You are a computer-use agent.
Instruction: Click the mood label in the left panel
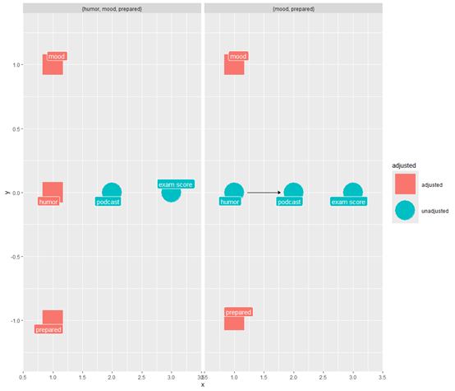pyautogui.click(x=57, y=56)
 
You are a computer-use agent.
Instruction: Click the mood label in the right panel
pyautogui.click(x=238, y=56)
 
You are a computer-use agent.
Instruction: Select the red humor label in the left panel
pyautogui.click(x=48, y=202)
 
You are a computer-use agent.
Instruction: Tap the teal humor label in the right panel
pyautogui.click(x=230, y=202)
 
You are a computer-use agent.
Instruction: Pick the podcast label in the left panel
pyautogui.click(x=108, y=202)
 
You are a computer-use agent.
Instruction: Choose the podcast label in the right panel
pyautogui.click(x=289, y=202)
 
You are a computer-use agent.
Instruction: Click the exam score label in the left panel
pyautogui.click(x=176, y=184)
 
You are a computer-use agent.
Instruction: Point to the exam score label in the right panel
pyautogui.click(x=348, y=202)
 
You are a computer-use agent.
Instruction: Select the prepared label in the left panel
pyautogui.click(x=48, y=329)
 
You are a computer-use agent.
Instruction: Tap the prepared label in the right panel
pyautogui.click(x=238, y=312)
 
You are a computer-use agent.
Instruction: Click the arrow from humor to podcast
pyautogui.click(x=264, y=193)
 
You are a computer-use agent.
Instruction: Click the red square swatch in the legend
pyautogui.click(x=405, y=184)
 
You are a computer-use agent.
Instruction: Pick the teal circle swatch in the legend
pyautogui.click(x=405, y=210)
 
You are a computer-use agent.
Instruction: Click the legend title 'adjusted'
pyautogui.click(x=404, y=165)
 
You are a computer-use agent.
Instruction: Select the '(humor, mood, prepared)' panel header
pyautogui.click(x=112, y=9)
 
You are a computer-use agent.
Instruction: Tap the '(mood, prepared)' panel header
pyautogui.click(x=294, y=9)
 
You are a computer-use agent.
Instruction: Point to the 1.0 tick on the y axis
pyautogui.click(x=16, y=64)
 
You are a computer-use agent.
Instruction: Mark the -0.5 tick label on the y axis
pyautogui.click(x=16, y=257)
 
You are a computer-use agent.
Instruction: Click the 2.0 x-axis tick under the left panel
pyautogui.click(x=112, y=377)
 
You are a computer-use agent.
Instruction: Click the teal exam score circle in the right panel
pyautogui.click(x=353, y=193)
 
